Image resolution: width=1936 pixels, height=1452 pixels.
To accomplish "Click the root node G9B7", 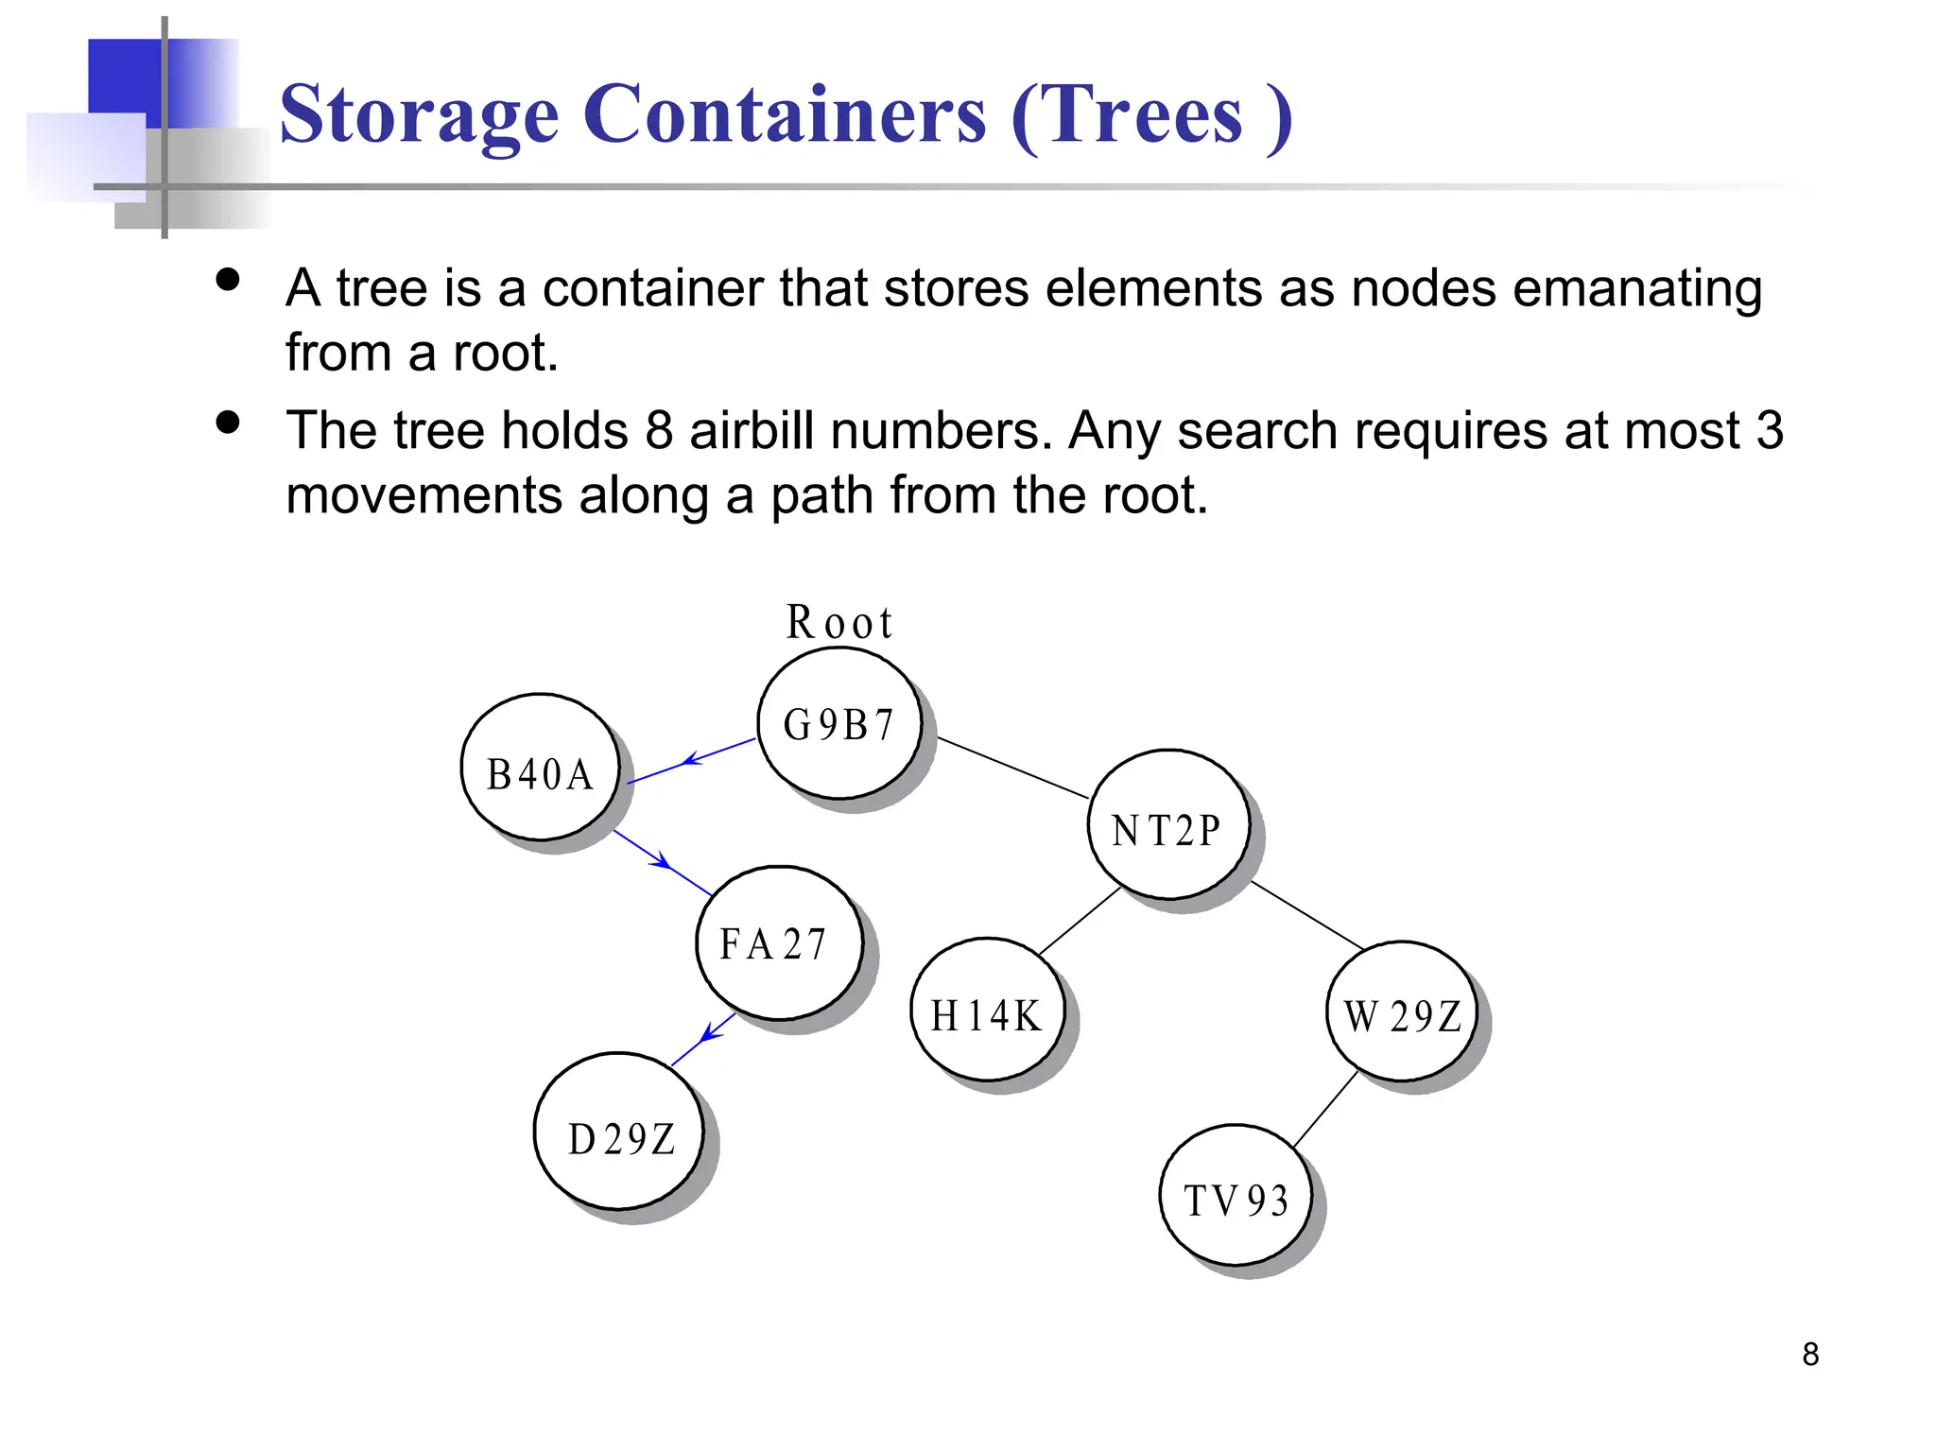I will click(838, 725).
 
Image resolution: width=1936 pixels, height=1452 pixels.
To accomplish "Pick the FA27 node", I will click(779, 943).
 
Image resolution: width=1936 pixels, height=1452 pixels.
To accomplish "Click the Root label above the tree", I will click(838, 623).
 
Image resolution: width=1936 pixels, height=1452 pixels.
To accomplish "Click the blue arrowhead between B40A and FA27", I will click(663, 861).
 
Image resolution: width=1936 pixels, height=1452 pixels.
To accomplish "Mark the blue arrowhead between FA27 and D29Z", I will click(711, 1032).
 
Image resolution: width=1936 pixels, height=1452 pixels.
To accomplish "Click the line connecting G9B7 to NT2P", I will click(1012, 768).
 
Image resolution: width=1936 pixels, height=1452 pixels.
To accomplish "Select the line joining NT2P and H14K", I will click(1080, 921).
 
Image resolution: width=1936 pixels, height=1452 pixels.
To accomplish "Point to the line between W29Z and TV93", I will click(1325, 1110).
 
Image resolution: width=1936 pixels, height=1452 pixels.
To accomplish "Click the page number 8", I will click(1810, 1355).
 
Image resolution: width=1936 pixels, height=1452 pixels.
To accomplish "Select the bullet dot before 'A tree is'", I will click(228, 279).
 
